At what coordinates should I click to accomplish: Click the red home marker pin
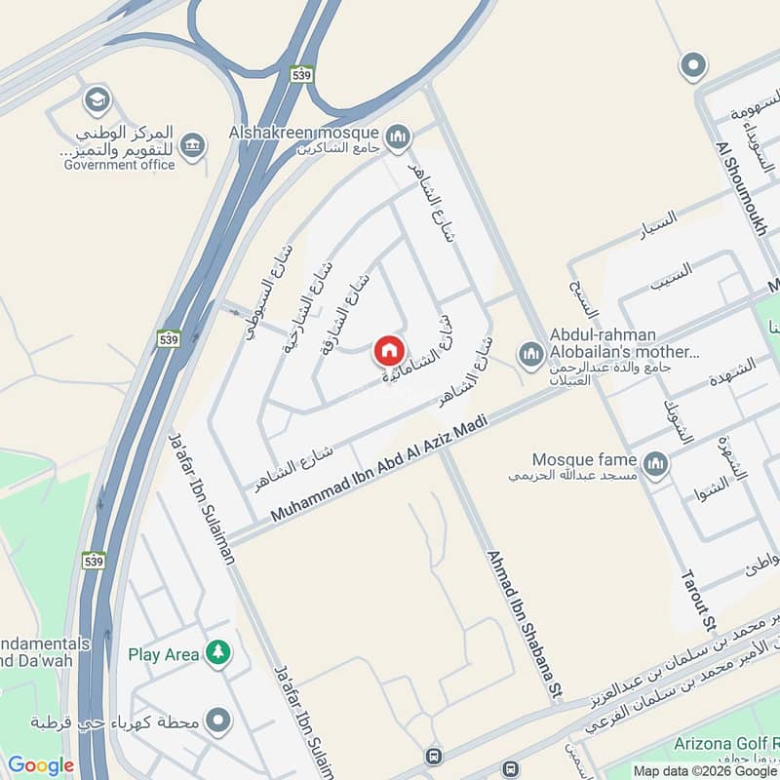388,350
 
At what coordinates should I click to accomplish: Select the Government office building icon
194,144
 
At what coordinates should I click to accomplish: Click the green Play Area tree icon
218,653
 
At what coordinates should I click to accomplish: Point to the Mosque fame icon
656,463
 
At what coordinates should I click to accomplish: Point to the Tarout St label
698,595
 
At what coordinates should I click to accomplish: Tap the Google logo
41,765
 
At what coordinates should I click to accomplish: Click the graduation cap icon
97,99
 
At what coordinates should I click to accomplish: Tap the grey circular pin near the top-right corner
693,65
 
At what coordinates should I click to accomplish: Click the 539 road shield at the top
301,74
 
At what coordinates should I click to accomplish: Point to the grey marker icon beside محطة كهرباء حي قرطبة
218,722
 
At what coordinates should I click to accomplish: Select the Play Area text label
164,654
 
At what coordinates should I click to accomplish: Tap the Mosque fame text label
584,459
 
